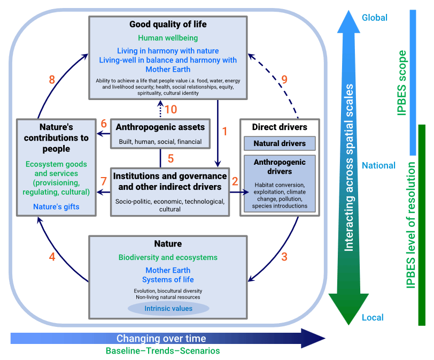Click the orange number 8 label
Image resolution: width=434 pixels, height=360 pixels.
coord(52,80)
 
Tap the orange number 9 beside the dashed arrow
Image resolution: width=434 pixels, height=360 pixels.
coord(284,80)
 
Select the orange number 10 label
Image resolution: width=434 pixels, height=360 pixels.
coord(171,109)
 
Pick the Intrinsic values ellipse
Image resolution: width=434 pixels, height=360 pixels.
coord(168,308)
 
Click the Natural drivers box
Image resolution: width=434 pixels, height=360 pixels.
coord(280,143)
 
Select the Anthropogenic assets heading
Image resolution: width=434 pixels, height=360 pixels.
coord(160,127)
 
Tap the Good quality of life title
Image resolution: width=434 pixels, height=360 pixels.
coord(168,25)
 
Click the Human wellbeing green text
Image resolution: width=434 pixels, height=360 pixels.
coord(168,38)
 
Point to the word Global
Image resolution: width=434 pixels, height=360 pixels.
coord(375,18)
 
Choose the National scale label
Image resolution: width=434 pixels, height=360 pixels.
coord(378,165)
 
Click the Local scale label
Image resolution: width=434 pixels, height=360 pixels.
coord(373,317)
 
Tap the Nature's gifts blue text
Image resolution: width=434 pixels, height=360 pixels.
coord(56,206)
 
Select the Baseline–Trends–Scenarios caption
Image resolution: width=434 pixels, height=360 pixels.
coord(162,351)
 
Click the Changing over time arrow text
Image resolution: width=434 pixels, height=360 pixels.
coord(161,339)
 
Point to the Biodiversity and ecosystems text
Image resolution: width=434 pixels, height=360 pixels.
coord(168,257)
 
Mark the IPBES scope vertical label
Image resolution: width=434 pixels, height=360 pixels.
coord(402,83)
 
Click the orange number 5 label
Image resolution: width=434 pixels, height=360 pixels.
coord(171,159)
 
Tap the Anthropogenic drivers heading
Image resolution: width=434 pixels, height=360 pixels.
coord(280,166)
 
